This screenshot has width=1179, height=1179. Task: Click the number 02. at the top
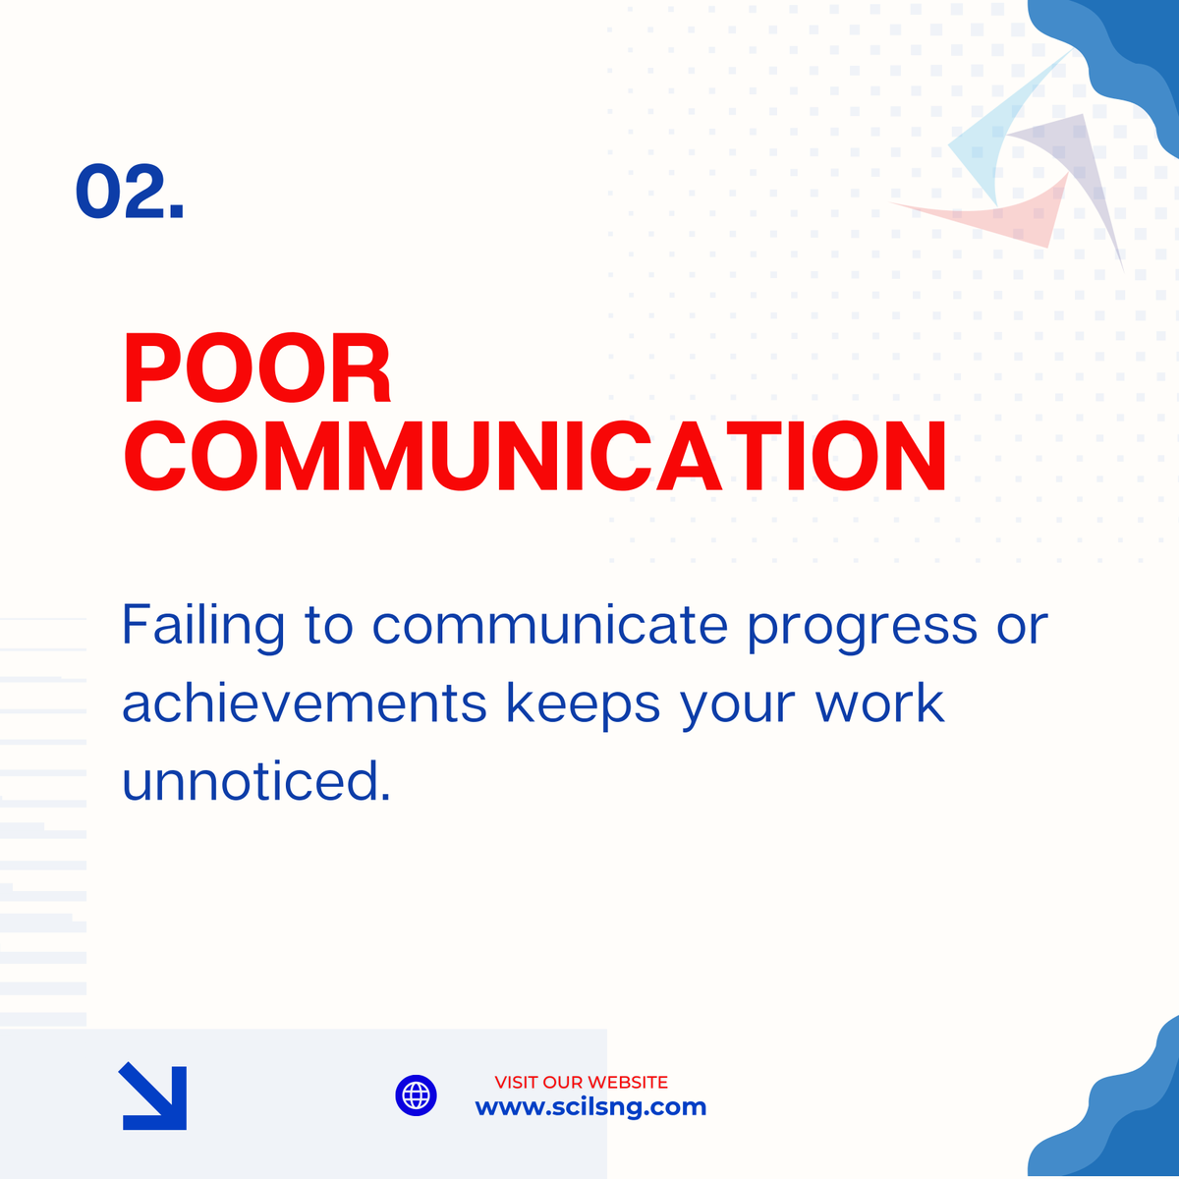click(130, 192)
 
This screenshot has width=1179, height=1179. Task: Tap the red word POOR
click(257, 370)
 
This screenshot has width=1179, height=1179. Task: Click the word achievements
click(305, 703)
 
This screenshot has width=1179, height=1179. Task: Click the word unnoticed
click(256, 782)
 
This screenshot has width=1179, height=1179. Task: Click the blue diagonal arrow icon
click(153, 1096)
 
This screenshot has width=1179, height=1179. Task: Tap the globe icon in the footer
click(416, 1095)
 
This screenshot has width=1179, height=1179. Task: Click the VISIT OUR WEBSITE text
click(581, 1082)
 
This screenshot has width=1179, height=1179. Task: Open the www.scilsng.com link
click(590, 1107)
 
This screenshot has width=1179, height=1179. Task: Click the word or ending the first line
click(1022, 627)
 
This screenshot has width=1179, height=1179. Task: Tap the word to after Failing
click(329, 626)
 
